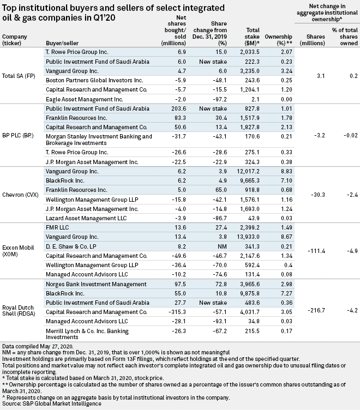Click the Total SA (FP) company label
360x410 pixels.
(19, 76)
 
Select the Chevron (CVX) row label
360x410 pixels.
(20, 195)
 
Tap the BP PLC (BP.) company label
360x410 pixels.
(18, 135)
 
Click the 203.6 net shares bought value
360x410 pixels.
(179, 108)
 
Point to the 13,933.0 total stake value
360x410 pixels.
(250, 237)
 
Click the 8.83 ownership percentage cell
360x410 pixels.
(286, 171)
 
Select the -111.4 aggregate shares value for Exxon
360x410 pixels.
(316, 251)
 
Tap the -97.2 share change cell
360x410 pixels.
(219, 99)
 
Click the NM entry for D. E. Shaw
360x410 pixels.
(223, 246)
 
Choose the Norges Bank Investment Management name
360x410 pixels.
(96, 284)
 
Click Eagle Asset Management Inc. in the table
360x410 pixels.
(84, 99)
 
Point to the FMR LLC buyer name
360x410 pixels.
(57, 227)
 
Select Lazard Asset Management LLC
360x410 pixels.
(86, 218)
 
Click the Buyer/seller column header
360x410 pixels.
(62, 43)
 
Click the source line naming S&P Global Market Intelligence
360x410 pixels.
(52, 403)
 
